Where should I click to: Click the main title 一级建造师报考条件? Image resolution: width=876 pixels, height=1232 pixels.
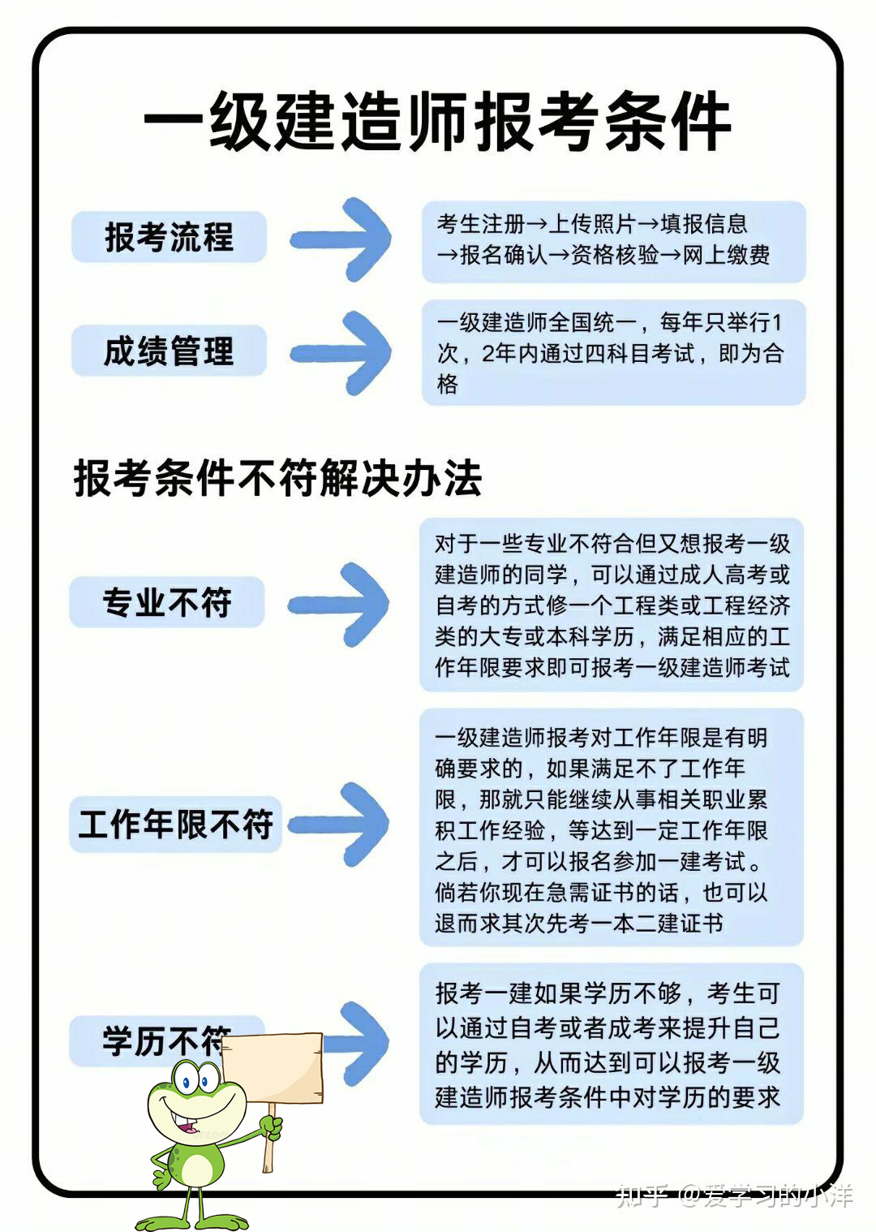(437, 121)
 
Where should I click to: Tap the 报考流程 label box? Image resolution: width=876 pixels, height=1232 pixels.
(170, 236)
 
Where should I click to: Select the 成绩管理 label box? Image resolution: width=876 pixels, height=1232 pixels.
(170, 351)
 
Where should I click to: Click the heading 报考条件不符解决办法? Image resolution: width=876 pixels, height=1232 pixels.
(277, 477)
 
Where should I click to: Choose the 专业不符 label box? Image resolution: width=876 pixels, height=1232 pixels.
(167, 601)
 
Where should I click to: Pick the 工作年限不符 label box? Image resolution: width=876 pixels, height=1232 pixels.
(175, 824)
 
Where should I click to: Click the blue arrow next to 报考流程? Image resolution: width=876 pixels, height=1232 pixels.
(341, 239)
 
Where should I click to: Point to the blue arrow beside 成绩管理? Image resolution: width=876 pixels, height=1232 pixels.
(341, 353)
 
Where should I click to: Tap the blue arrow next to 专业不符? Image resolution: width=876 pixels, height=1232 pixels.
(338, 605)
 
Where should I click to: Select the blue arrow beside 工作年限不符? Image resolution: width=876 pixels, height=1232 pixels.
(338, 824)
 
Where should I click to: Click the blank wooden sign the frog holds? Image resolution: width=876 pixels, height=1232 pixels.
(272, 1069)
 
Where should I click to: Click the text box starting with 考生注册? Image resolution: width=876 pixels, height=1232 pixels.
(614, 242)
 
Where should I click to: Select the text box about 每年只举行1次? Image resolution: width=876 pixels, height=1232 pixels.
(614, 352)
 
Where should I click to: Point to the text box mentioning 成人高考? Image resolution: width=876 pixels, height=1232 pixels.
(612, 605)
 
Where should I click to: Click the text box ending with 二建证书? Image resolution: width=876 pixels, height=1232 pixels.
(612, 828)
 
